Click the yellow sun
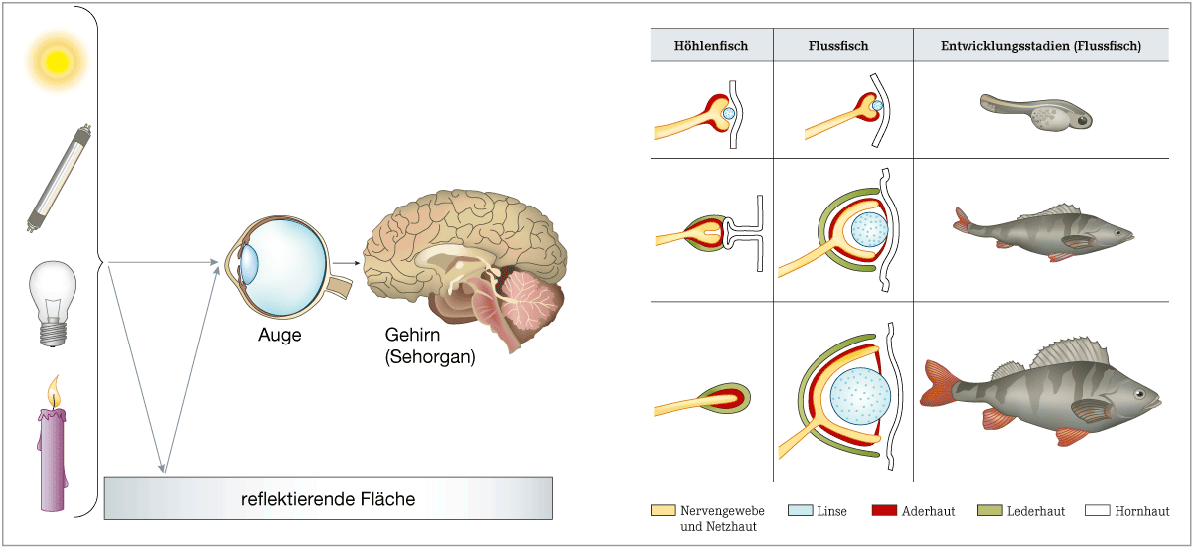(x=56, y=61)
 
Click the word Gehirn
(x=410, y=336)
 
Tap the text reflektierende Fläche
(x=328, y=499)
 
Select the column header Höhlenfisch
(x=710, y=46)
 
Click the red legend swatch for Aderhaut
(x=884, y=511)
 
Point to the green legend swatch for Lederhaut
(x=991, y=511)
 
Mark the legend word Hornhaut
(x=1142, y=511)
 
